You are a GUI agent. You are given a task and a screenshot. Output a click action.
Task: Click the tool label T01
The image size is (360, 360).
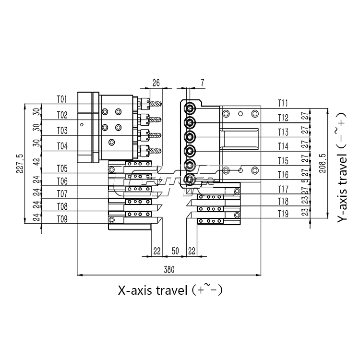[x=62, y=99]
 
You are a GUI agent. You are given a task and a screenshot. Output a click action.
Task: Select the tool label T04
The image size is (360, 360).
[x=62, y=145]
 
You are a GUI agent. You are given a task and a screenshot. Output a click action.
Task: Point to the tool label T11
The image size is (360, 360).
[x=283, y=103]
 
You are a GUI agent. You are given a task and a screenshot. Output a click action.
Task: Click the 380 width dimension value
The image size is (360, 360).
[x=168, y=270]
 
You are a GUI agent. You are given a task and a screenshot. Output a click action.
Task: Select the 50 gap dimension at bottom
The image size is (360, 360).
[x=175, y=251]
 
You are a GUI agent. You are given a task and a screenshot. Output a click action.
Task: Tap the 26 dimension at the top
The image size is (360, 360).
[x=156, y=83]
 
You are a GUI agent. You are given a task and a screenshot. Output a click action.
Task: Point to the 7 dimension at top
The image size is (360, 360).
[x=202, y=83]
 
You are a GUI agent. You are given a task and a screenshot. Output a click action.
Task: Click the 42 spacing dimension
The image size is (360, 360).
[x=37, y=162]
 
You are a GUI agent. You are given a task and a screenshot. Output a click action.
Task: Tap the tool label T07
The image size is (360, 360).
[x=62, y=194]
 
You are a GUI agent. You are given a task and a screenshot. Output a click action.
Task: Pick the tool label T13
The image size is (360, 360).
[x=283, y=132]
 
